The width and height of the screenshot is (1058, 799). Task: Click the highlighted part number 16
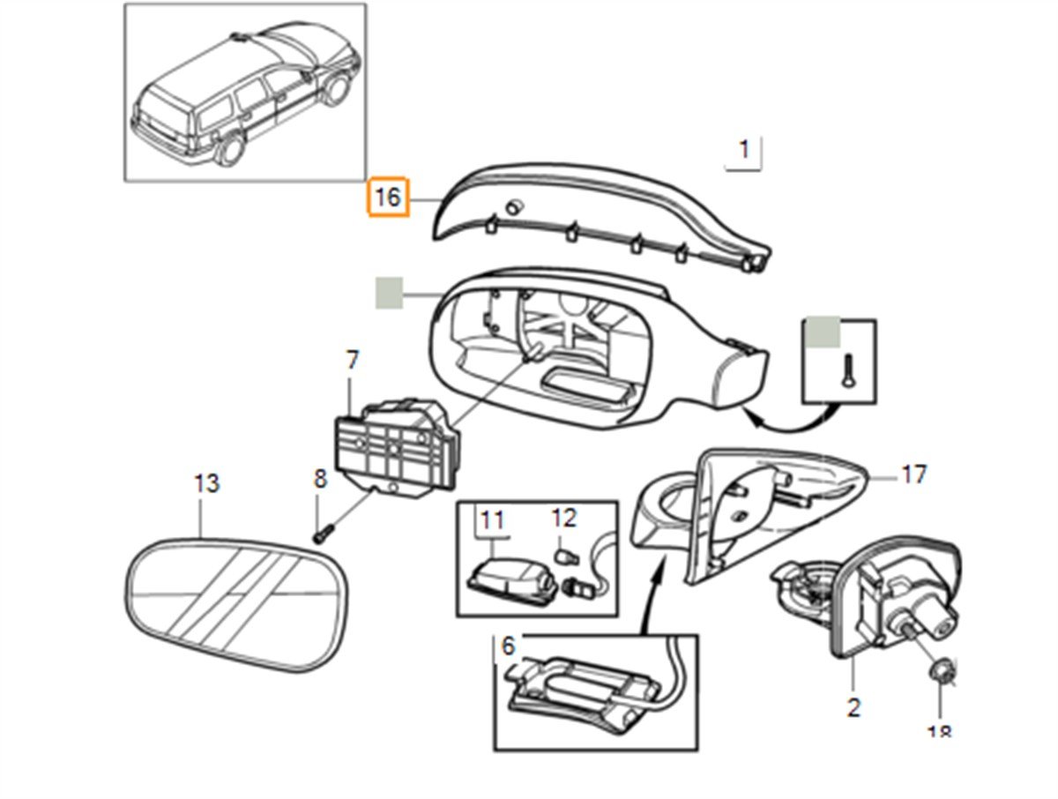click(x=388, y=198)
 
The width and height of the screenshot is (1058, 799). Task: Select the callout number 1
click(x=744, y=150)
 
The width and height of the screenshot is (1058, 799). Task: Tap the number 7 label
click(x=352, y=361)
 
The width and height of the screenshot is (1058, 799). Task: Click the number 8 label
click(x=320, y=479)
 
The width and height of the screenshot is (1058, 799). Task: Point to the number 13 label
click(x=206, y=484)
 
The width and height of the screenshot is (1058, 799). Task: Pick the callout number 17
click(x=914, y=475)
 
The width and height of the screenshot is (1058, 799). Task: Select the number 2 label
click(x=853, y=707)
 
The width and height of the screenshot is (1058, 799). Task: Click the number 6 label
click(x=508, y=646)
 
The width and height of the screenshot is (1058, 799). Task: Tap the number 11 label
click(x=492, y=519)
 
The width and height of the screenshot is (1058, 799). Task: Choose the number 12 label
click(x=563, y=518)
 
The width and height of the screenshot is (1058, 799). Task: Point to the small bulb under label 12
click(x=561, y=556)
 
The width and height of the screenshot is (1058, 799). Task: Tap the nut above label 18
click(x=938, y=674)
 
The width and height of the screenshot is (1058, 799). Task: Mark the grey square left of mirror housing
click(x=389, y=293)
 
